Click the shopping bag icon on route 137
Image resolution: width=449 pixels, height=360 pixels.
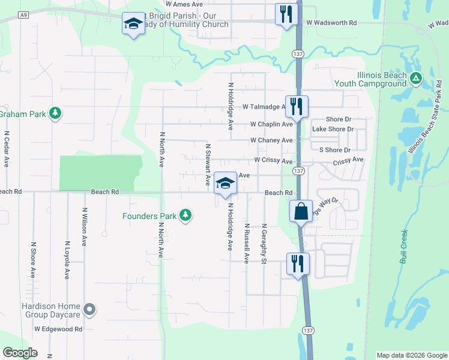[301, 212]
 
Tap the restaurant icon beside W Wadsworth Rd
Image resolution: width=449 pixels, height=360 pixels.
[286, 14]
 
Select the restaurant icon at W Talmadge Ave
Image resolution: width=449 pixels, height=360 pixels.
[297, 107]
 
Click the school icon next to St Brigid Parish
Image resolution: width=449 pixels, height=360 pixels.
[133, 23]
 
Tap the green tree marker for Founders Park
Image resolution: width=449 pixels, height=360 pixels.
[186, 215]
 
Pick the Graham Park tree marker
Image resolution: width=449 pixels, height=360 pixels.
[55, 113]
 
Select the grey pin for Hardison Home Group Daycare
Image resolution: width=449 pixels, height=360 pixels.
[89, 310]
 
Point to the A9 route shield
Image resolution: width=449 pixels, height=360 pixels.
[23, 14]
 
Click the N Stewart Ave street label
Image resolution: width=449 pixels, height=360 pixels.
[208, 164]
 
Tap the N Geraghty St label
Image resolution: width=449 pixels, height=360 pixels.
[264, 244]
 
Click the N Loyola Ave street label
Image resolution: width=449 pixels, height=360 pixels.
[67, 259]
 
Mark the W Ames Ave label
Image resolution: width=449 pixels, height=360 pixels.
[185, 4]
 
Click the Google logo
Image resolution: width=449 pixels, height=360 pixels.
[20, 353]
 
